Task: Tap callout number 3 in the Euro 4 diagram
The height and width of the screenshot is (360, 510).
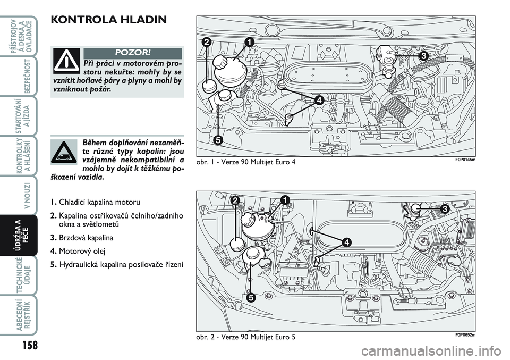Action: (423, 55)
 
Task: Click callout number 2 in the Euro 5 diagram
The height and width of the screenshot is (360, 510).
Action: (235, 200)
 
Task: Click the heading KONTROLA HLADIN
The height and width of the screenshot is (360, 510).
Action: (109, 20)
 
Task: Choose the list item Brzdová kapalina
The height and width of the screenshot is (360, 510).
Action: (86, 238)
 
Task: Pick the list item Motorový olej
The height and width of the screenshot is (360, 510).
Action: (80, 250)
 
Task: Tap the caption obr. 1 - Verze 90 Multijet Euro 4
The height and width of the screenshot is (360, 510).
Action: (246, 161)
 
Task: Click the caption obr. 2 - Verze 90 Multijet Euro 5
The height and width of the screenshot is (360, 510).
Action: (246, 338)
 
